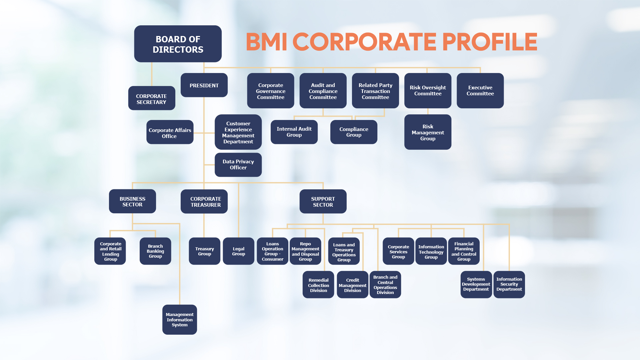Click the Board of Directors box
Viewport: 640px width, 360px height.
click(178, 44)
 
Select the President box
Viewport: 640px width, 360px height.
click(204, 85)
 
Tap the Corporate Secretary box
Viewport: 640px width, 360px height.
click(151, 99)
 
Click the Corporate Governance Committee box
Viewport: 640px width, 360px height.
click(270, 91)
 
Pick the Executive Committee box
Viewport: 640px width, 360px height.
click(480, 91)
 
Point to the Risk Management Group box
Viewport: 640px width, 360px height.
click(428, 132)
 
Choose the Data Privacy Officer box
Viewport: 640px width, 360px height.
click(238, 165)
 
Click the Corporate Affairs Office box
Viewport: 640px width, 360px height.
click(170, 133)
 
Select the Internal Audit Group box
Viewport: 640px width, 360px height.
click(294, 132)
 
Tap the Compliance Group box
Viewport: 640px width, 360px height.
click(354, 132)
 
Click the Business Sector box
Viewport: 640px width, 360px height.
click(132, 201)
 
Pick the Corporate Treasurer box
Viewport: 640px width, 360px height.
click(204, 202)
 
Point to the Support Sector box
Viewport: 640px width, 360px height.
click(323, 202)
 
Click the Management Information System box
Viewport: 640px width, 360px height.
click(180, 320)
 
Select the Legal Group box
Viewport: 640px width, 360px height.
click(238, 251)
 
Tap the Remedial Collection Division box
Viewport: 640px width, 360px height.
click(318, 285)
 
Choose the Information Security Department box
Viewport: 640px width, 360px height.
click(509, 284)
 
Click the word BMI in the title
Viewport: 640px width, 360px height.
click(266, 42)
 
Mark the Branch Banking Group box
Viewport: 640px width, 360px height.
click(155, 251)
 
